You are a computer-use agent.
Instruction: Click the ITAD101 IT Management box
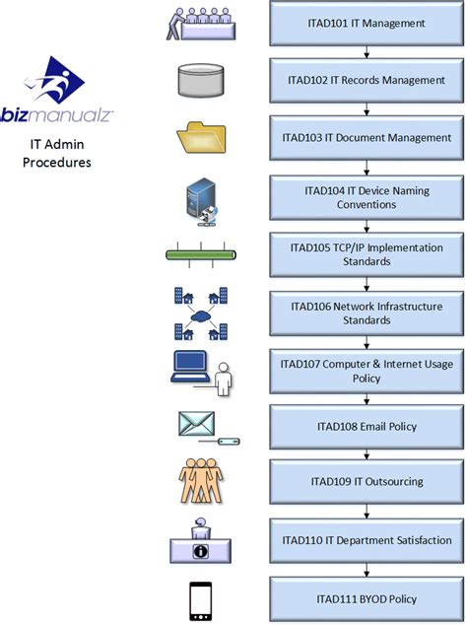(367, 23)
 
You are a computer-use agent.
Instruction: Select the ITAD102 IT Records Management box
(367, 80)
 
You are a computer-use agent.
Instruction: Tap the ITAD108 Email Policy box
(367, 427)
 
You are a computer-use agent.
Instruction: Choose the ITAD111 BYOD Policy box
(367, 598)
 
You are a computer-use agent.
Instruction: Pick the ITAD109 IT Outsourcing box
(367, 481)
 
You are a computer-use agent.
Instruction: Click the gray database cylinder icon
(201, 81)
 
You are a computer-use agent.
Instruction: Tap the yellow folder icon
(202, 137)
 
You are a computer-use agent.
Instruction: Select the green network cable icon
(201, 254)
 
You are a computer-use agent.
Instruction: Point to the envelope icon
(196, 424)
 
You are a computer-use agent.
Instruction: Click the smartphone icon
(200, 600)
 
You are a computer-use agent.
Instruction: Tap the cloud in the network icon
(200, 316)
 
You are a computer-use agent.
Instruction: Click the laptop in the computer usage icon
(190, 367)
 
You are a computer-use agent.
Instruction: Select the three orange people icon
(201, 480)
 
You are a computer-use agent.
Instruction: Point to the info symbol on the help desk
(200, 551)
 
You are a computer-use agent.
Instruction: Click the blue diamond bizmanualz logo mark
(54, 80)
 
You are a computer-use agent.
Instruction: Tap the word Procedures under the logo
(57, 163)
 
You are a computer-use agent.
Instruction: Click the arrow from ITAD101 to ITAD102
(367, 52)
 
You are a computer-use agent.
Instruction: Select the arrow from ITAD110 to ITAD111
(367, 570)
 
